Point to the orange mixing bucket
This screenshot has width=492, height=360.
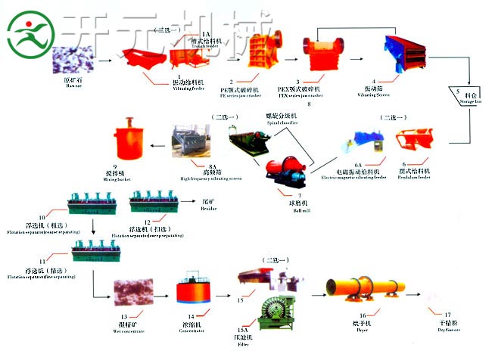pyautogui.click(x=126, y=139)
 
